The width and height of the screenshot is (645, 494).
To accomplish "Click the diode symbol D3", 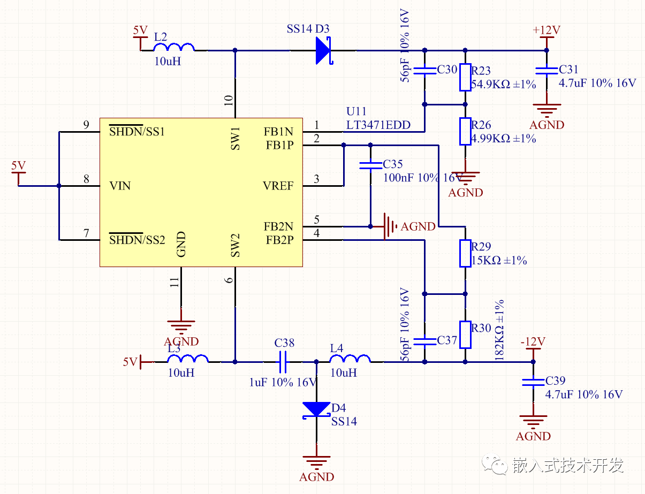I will (323, 50).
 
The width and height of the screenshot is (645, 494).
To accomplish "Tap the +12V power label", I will (546, 30).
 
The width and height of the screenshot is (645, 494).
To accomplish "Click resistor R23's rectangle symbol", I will (465, 78).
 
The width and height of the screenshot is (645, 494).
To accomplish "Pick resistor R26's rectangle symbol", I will (465, 132).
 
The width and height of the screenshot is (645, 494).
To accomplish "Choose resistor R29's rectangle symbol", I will (465, 253).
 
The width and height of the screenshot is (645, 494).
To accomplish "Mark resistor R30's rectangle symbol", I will (465, 335).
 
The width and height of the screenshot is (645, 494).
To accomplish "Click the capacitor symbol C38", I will (284, 362).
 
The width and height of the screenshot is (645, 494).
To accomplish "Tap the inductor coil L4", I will (350, 359).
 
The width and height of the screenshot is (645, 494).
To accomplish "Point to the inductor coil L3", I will (187, 359).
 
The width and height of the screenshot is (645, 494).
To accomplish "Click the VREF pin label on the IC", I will (278, 186).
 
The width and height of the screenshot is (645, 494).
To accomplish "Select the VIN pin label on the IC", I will (120, 186).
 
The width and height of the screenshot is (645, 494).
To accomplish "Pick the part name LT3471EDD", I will (378, 125).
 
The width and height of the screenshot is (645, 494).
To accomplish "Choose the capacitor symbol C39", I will (533, 382).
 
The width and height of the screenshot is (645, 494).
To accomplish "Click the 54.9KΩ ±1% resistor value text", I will (503, 84).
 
